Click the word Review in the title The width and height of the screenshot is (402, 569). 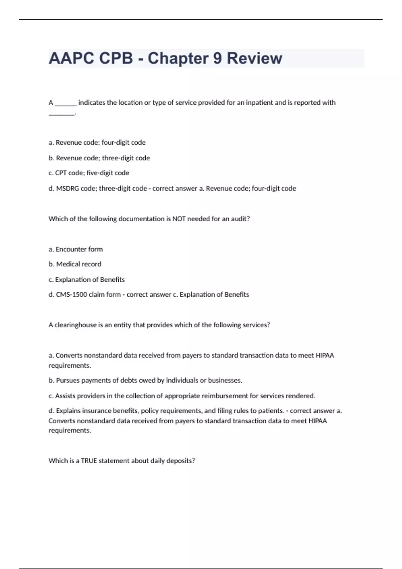tap(254, 58)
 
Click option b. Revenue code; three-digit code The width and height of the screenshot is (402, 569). tap(99, 158)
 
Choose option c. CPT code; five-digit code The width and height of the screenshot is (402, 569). tap(89, 173)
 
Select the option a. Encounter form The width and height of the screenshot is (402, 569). tap(76, 249)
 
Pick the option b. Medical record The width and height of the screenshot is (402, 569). tap(75, 264)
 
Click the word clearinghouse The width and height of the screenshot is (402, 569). tap(75, 325)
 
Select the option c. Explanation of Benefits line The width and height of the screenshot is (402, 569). tap(86, 279)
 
